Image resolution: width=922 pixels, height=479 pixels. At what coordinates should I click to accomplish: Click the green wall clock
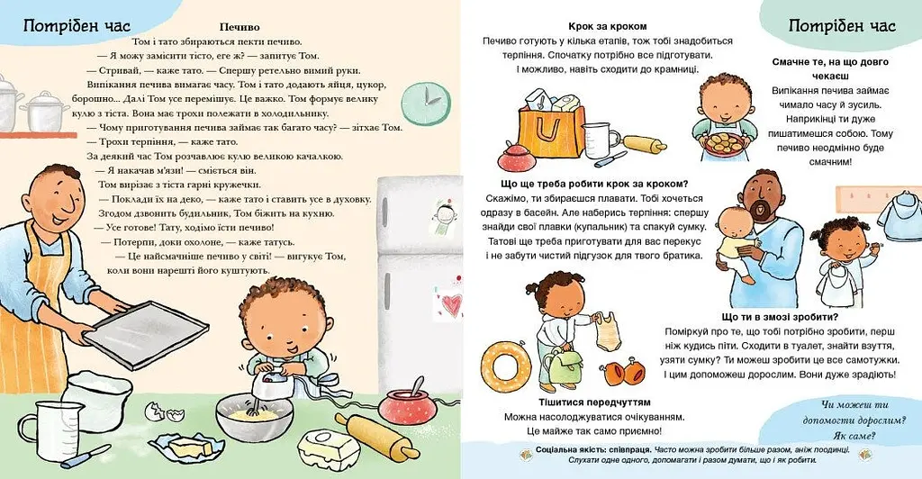click(x=423, y=104)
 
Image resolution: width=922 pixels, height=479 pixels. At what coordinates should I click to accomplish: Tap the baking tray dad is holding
click(x=146, y=332)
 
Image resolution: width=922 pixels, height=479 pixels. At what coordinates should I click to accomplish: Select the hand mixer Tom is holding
click(x=272, y=381)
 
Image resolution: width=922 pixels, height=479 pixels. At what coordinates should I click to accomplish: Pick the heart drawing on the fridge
click(x=452, y=304)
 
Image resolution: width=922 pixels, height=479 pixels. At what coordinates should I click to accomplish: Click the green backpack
click(x=565, y=362)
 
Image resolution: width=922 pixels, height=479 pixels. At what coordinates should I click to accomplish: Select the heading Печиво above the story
click(x=240, y=27)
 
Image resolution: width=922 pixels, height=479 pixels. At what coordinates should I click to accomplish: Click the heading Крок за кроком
click(x=608, y=26)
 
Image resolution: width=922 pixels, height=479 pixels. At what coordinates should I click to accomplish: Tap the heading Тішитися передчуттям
click(x=594, y=402)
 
